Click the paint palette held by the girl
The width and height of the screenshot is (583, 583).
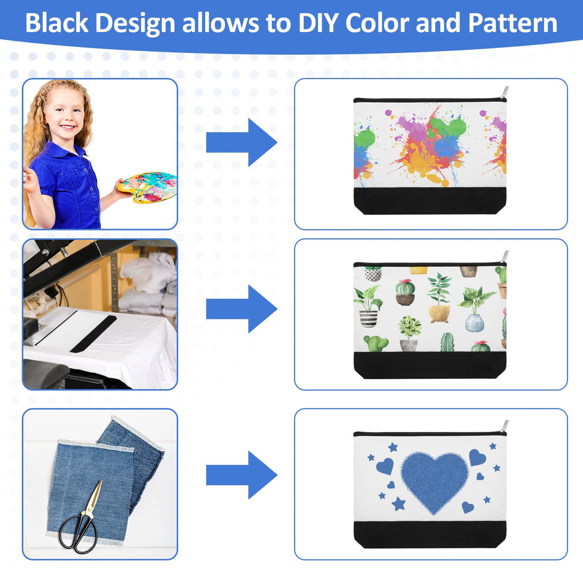click(147, 187)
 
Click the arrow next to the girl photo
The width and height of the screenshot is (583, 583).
click(242, 142)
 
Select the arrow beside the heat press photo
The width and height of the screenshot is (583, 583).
click(242, 309)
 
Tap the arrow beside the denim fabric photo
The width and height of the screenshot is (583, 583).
click(242, 475)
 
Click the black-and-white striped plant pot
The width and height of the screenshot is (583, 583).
click(368, 318)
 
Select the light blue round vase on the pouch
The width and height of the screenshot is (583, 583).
click(474, 323)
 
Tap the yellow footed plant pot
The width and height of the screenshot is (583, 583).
click(439, 314)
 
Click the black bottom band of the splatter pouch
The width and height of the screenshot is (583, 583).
click(430, 201)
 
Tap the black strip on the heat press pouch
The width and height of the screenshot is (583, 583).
click(93, 334)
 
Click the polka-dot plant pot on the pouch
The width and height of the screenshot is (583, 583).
click(373, 274)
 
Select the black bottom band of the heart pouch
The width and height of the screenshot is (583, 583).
click(430, 534)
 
